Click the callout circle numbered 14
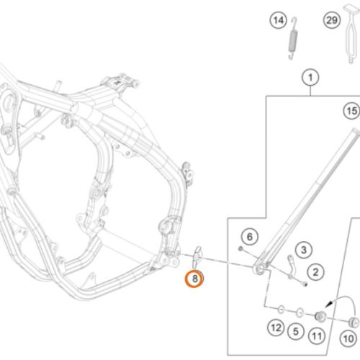coord(279,20)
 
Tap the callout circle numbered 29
coord(332,20)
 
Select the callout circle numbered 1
coord(310,78)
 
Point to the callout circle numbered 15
coord(352,111)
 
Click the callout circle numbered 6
coord(250,237)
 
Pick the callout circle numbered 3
coord(304,250)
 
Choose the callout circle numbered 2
coord(316,272)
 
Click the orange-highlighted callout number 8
coord(194,279)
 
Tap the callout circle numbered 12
coord(276,328)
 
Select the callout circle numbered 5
coord(296,332)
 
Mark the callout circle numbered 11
coord(317,336)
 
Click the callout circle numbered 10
coord(348,338)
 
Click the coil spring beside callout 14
coord(292,38)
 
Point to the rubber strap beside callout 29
coord(351,34)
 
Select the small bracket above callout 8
coord(197,257)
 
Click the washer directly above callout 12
coord(281,310)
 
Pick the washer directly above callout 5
coord(300,312)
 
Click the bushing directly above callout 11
coord(320,316)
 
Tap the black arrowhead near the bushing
coord(328,305)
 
